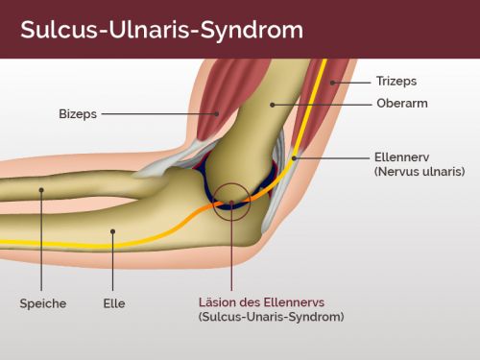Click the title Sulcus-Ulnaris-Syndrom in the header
click(x=161, y=31)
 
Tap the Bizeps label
click(x=78, y=114)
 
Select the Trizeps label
click(x=396, y=81)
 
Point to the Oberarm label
click(x=402, y=103)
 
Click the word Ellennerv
click(x=401, y=157)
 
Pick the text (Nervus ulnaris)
click(x=420, y=172)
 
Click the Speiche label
click(x=43, y=303)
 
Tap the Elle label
click(x=114, y=303)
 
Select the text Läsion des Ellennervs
click(x=261, y=302)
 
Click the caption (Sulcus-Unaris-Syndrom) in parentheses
click(x=271, y=317)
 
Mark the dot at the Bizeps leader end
click(x=217, y=113)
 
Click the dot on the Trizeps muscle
click(x=333, y=83)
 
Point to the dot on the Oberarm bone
click(x=273, y=105)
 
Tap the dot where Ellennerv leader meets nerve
click(x=295, y=158)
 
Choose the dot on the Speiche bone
click(x=41, y=190)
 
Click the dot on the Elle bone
click(x=112, y=231)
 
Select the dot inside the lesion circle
click(x=231, y=202)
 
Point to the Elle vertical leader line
click(x=112, y=261)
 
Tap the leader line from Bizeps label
click(x=159, y=113)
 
